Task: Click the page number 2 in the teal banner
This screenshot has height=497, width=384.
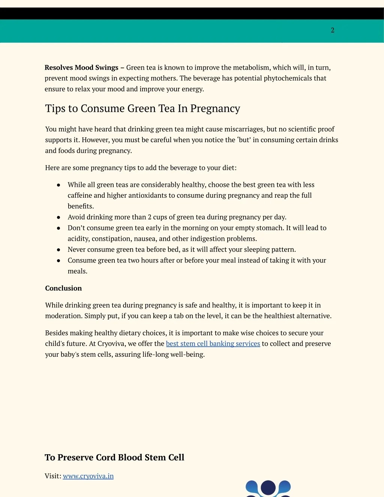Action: [332, 30]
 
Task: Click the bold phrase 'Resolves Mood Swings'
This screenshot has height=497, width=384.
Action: [81, 68]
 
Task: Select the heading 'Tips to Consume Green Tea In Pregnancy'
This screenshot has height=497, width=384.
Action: [142, 108]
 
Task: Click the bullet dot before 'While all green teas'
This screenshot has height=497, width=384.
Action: [58, 185]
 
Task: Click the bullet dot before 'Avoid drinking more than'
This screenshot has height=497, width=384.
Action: [58, 217]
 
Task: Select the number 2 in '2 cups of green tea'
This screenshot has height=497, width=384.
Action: [150, 217]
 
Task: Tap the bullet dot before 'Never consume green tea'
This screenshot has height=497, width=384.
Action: [58, 250]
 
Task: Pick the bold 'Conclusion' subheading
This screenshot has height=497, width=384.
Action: [63, 288]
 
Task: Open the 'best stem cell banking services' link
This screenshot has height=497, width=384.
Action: [213, 344]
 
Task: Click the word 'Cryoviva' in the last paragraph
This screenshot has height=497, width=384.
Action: [111, 344]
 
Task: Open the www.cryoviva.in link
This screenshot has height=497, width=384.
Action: [88, 476]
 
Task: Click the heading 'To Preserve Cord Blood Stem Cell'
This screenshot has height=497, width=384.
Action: [114, 457]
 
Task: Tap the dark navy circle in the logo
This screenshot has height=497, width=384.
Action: [268, 488]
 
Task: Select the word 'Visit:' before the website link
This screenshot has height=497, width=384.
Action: [53, 476]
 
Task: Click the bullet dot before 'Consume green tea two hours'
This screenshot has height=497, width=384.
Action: [58, 261]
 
